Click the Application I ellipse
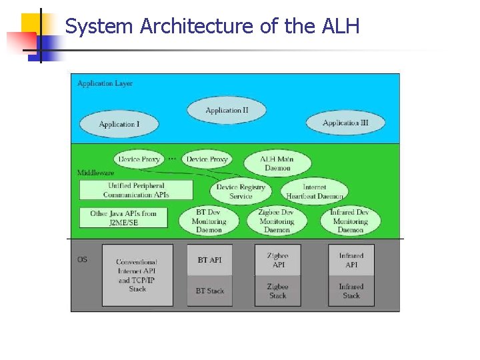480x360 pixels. click(x=119, y=124)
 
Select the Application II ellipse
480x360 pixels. click(x=227, y=110)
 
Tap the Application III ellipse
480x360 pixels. click(x=345, y=123)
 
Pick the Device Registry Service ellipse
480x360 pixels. click(x=241, y=191)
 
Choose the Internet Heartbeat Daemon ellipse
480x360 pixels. click(x=314, y=191)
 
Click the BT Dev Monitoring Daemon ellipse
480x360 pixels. click(x=209, y=221)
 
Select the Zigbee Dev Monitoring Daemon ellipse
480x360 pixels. click(x=277, y=221)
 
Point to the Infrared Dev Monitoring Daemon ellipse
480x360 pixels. click(x=350, y=221)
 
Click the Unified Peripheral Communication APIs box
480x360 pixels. click(x=136, y=190)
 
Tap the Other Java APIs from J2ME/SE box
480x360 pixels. click(x=123, y=218)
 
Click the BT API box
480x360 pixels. click(x=209, y=259)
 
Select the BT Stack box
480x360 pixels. click(x=209, y=291)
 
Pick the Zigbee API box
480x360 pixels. click(x=278, y=260)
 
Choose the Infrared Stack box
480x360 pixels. click(x=351, y=291)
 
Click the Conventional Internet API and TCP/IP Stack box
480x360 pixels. click(x=137, y=275)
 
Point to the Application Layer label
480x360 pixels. click(x=105, y=83)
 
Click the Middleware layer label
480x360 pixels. click(x=95, y=173)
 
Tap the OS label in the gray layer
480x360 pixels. click(x=82, y=259)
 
